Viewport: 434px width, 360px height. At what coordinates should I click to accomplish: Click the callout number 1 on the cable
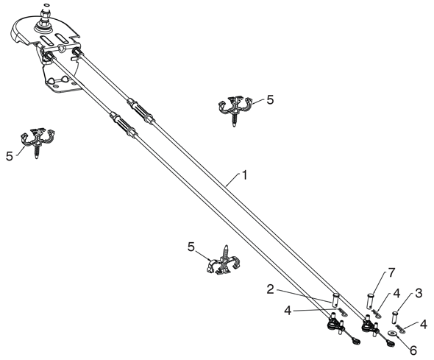coord(244,175)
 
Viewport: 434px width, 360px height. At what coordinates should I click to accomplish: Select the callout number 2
coord(271,289)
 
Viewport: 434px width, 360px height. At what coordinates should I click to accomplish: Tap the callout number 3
coord(419,293)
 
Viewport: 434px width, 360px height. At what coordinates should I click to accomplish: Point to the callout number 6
coord(413,350)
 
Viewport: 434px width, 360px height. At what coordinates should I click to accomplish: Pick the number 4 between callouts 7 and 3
coord(397,294)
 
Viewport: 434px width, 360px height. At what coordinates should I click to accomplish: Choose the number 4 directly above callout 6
coord(424,324)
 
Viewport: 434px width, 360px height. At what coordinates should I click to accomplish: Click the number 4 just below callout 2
coord(288,311)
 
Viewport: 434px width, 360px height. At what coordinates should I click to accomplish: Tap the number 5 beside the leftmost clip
coord(10,157)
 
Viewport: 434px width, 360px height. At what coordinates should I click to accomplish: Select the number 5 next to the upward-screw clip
coord(191,247)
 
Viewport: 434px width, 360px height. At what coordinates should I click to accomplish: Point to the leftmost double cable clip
coord(38,142)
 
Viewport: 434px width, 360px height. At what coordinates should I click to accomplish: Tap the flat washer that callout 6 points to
coord(392,333)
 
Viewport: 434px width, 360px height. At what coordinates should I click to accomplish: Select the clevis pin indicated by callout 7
coord(371,301)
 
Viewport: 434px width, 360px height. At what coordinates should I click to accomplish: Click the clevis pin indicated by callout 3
coord(395,317)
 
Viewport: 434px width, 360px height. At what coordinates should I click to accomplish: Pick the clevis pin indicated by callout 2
coord(335,300)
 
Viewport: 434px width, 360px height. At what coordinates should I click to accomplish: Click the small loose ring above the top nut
coord(47,4)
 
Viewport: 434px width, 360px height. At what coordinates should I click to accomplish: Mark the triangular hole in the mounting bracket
coord(61,49)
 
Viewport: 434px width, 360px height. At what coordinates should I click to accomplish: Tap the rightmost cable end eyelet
coord(391,344)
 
